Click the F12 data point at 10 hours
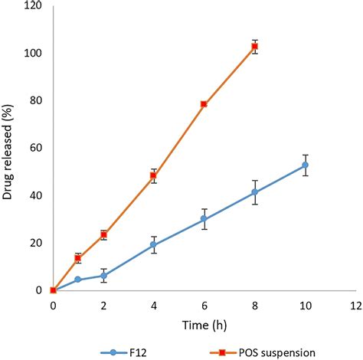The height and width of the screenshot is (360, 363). pos(306,165)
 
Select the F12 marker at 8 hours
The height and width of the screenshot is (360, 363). pos(255,192)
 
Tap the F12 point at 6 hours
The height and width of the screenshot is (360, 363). pos(204,218)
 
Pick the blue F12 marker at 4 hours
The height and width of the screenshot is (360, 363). pos(154,244)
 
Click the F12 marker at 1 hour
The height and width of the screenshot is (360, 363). pos(78,280)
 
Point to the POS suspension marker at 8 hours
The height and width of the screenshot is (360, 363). pos(255,47)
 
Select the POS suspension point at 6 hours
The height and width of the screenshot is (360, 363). pos(204,103)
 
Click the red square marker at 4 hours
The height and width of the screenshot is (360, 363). pos(154,175)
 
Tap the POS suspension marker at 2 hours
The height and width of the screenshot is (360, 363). pos(103,234)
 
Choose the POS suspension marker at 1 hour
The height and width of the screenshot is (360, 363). pos(78,258)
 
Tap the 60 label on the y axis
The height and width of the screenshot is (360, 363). pos(38,149)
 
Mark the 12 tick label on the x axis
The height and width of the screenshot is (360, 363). pos(355,305)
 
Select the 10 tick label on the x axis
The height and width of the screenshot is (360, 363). pos(305,305)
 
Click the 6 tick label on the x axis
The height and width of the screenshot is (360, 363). pos(204,305)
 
